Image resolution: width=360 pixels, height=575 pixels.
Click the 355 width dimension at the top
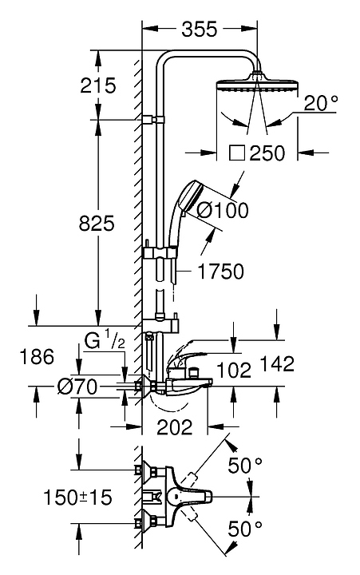[200, 29]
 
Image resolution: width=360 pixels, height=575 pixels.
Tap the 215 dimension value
[98, 85]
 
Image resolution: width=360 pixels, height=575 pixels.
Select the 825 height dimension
[97, 223]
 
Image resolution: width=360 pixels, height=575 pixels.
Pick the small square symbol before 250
[237, 153]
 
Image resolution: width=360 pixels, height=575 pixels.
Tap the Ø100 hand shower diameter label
[223, 211]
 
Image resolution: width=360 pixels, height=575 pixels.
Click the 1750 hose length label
[220, 272]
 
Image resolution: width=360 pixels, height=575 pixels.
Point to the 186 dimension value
[37, 357]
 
